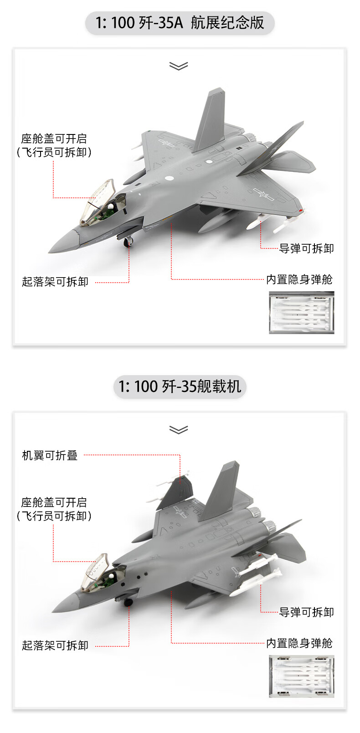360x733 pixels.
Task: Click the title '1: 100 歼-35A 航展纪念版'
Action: pyautogui.click(x=180, y=23)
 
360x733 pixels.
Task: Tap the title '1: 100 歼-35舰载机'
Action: pyautogui.click(x=180, y=387)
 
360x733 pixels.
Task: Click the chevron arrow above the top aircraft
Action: pyautogui.click(x=179, y=67)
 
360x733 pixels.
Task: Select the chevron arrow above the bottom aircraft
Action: pyautogui.click(x=179, y=430)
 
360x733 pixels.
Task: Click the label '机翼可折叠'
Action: pyautogui.click(x=50, y=455)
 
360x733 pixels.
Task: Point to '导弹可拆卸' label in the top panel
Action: pyautogui.click(x=306, y=248)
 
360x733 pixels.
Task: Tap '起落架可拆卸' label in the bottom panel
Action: pyautogui.click(x=55, y=645)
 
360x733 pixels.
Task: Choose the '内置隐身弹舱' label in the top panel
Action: pyautogui.click(x=299, y=279)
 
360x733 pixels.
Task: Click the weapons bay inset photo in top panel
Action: pyautogui.click(x=301, y=313)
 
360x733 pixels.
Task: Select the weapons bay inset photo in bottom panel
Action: pyautogui.click(x=301, y=676)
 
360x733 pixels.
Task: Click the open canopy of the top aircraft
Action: pyautogui.click(x=96, y=201)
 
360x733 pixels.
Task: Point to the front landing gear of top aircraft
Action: pyautogui.click(x=129, y=242)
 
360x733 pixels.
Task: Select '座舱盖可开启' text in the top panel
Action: pyautogui.click(x=54, y=139)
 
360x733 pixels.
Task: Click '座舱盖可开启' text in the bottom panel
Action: pyautogui.click(x=54, y=503)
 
